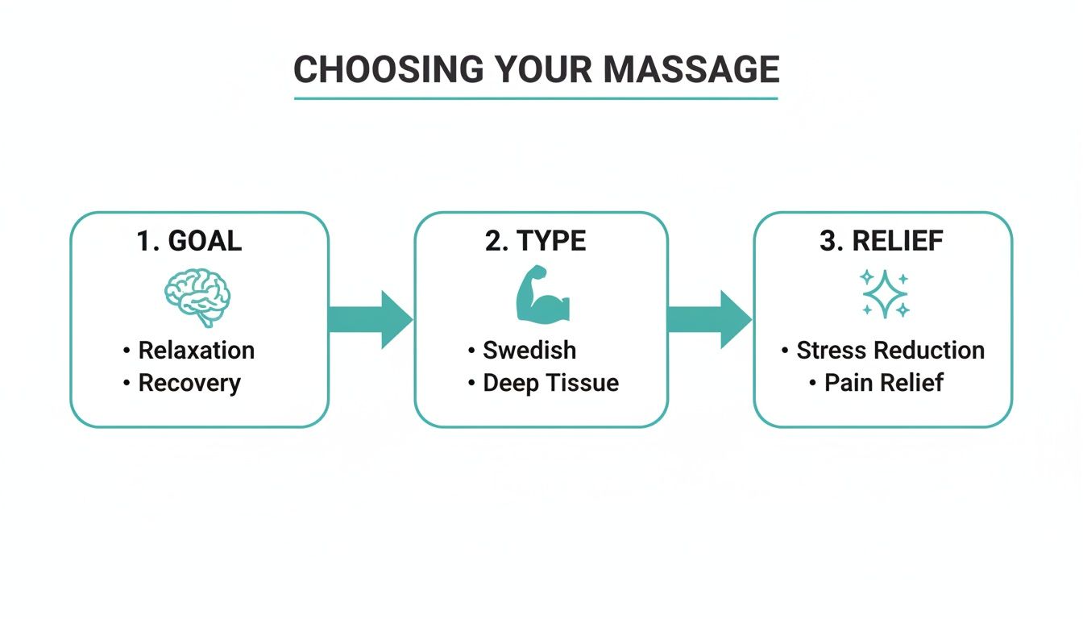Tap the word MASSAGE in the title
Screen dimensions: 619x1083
(x=691, y=70)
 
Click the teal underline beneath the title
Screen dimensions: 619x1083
(x=536, y=98)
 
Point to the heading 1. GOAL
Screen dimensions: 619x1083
(x=189, y=241)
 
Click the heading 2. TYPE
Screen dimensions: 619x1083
(x=535, y=241)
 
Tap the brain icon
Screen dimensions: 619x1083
(x=197, y=297)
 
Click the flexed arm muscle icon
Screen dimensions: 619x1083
(x=541, y=297)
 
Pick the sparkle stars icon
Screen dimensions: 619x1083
(x=884, y=294)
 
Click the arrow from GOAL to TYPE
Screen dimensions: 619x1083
(x=370, y=320)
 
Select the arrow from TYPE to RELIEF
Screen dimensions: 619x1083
(x=709, y=320)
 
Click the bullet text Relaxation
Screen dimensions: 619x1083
(x=196, y=351)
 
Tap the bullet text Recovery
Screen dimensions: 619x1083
(x=189, y=383)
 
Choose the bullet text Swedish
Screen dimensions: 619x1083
(x=529, y=351)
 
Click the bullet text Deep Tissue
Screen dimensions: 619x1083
(x=550, y=383)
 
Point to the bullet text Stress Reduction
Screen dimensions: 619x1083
(x=890, y=351)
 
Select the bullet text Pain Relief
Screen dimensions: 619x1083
(x=883, y=383)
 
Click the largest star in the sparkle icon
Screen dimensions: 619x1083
(x=884, y=296)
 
